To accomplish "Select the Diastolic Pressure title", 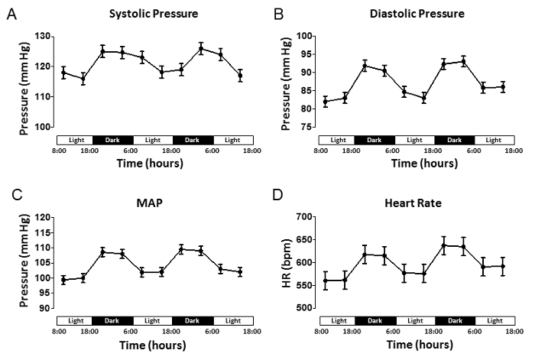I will pos(417,13).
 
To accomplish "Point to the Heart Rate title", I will pos(417,203).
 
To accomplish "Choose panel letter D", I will pos(278,203).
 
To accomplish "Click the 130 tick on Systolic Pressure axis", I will pos(45,37).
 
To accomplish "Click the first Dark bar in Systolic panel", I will pos(113,140).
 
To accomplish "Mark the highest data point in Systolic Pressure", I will pos(201,49).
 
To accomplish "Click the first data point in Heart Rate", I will pos(326,281).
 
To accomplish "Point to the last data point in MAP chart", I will pos(240,271).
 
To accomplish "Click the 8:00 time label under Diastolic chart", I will pos(320,151).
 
